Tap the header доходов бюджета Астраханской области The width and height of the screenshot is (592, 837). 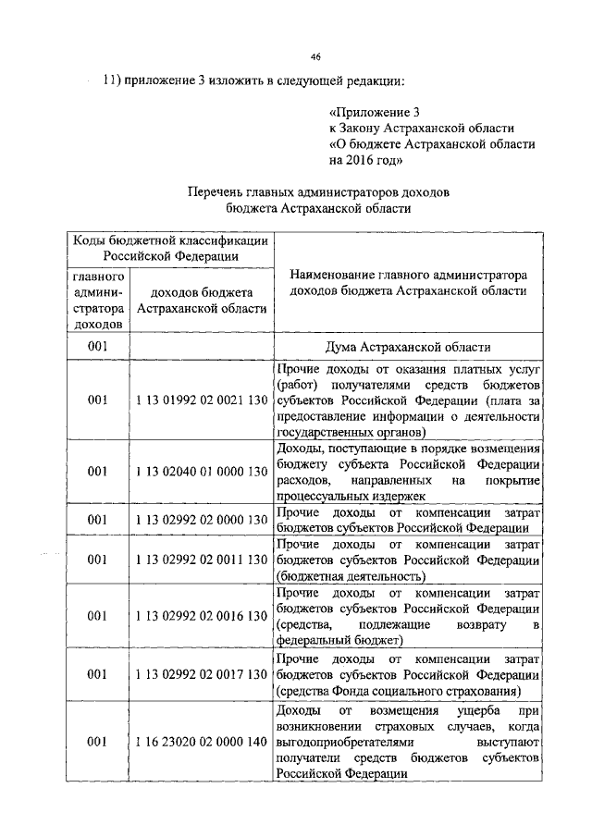coord(202,300)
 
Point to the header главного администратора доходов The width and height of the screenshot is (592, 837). coord(97,300)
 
